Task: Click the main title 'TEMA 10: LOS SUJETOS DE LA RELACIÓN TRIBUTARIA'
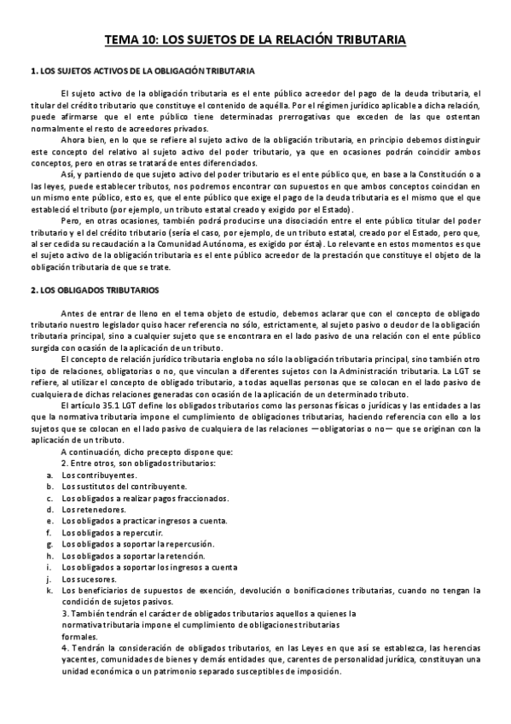click(x=255, y=39)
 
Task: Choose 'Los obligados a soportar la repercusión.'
click(x=127, y=544)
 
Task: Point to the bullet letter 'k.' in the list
click(x=50, y=590)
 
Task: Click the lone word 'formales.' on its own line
click(x=80, y=636)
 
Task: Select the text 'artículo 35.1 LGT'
click(x=106, y=404)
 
